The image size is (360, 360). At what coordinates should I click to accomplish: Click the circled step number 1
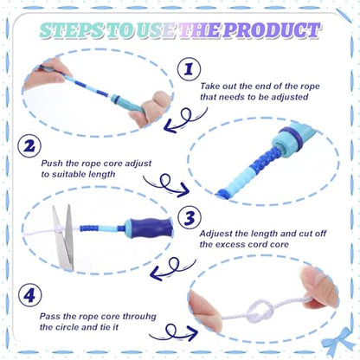coord(189,69)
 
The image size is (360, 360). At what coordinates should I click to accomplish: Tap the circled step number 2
coord(29,146)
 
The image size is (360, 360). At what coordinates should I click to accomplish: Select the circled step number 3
coord(190,218)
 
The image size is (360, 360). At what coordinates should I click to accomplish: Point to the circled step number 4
coord(29,295)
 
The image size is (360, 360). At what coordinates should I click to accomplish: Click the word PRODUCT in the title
coord(271,30)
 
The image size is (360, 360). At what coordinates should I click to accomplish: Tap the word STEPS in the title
coord(72,30)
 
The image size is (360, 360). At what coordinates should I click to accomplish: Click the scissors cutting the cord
coord(64,237)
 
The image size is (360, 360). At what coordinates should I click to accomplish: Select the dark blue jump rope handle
coord(150,228)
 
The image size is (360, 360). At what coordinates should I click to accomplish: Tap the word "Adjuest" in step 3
coord(216,234)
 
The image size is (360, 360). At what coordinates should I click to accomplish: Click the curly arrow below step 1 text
coord(184,120)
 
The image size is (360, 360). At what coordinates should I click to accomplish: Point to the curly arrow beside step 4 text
coord(174,332)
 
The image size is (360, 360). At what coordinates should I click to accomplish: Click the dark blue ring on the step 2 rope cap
coord(292,135)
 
